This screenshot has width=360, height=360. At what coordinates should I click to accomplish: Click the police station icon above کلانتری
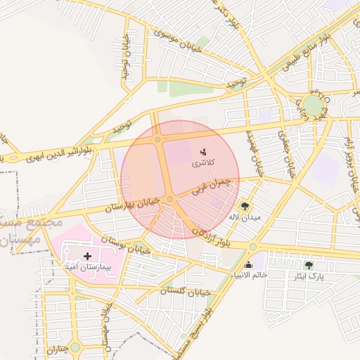204,151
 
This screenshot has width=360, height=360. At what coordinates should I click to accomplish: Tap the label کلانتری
205,163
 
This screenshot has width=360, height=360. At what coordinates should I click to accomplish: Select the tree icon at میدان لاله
245,206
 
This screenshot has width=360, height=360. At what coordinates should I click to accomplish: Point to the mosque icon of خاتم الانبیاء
248,265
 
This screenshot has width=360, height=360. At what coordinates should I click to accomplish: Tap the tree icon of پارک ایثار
309,265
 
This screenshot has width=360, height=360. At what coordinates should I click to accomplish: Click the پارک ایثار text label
309,277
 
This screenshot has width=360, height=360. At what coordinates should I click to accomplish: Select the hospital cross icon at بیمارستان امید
87,257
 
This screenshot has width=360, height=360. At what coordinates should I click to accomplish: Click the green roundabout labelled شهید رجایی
314,106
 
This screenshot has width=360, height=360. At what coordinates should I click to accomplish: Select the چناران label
57,348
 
